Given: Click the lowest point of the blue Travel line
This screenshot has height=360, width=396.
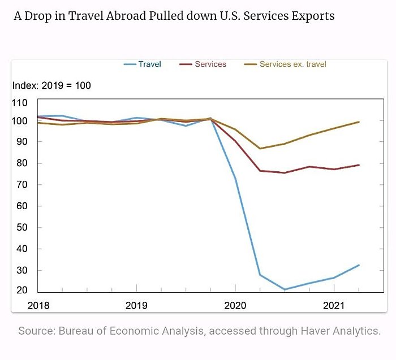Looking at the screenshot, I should coord(285,289).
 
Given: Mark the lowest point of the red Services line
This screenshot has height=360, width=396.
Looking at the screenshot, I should coord(285,173).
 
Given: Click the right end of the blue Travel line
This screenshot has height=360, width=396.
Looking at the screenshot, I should coord(359,265).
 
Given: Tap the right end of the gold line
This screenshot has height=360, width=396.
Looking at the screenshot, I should coord(359,122).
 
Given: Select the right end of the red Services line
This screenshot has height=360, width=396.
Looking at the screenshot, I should coord(359,165).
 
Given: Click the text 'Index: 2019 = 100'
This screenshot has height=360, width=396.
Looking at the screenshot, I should coord(51,86).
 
